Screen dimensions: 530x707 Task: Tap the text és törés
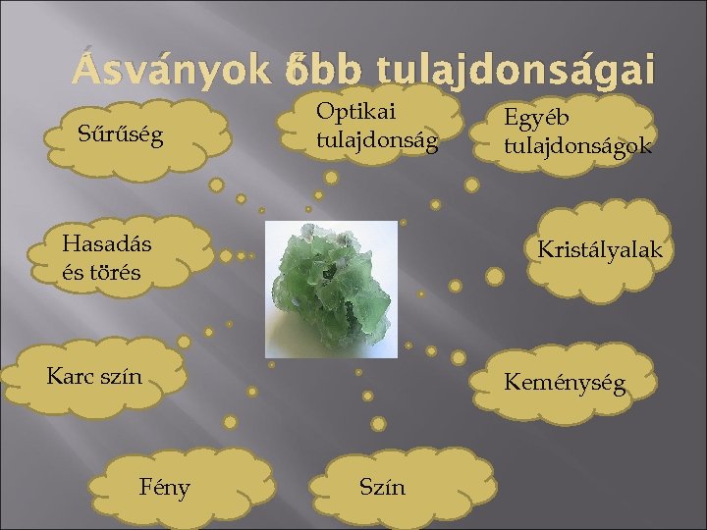[100, 272]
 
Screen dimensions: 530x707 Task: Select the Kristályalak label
[600, 250]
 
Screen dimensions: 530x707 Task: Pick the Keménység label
[564, 384]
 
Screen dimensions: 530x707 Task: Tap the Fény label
[166, 487]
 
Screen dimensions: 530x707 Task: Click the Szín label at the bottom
[382, 487]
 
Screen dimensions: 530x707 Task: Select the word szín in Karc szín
[121, 376]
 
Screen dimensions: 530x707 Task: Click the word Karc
[72, 376]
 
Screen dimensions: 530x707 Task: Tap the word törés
[116, 272]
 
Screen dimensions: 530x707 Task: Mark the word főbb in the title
[310, 71]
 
